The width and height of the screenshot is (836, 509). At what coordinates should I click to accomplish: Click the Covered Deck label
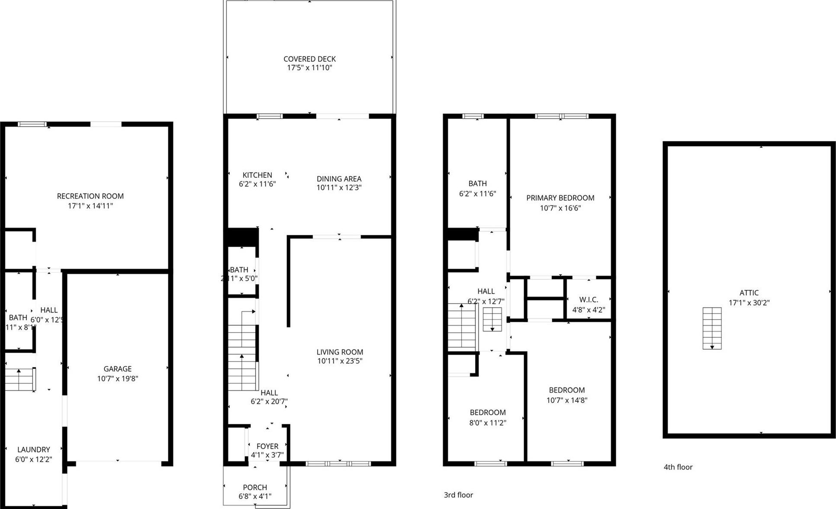(x=309, y=59)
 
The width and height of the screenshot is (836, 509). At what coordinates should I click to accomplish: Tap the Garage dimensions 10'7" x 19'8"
(x=117, y=379)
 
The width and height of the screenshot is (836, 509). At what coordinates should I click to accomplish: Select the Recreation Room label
(x=90, y=196)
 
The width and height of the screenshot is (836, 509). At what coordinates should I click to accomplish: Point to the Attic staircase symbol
(x=712, y=328)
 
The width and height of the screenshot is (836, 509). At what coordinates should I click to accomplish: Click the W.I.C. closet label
(x=588, y=300)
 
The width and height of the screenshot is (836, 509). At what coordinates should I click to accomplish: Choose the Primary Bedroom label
(x=560, y=198)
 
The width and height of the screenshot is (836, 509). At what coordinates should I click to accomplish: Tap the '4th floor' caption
(x=678, y=467)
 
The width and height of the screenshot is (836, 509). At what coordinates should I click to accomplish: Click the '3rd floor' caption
(x=458, y=495)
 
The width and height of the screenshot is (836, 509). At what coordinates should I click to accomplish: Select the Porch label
(x=255, y=487)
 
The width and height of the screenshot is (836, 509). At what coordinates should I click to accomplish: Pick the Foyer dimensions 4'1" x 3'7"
(x=267, y=455)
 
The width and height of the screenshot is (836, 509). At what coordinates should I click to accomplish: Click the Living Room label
(x=340, y=352)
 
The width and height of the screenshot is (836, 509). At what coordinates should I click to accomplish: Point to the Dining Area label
(x=339, y=179)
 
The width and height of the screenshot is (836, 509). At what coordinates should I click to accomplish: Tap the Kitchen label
(x=257, y=175)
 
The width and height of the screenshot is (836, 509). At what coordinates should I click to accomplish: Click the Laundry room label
(x=33, y=450)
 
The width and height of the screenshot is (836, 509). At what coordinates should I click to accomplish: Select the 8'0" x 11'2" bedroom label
(x=488, y=413)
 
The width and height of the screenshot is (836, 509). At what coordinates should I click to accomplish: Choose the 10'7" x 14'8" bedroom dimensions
(x=566, y=400)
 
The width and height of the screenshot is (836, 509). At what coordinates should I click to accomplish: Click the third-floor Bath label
(x=477, y=183)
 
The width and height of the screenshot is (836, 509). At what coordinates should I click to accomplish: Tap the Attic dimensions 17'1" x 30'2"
(x=749, y=303)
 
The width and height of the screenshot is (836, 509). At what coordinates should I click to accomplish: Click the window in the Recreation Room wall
(x=32, y=124)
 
